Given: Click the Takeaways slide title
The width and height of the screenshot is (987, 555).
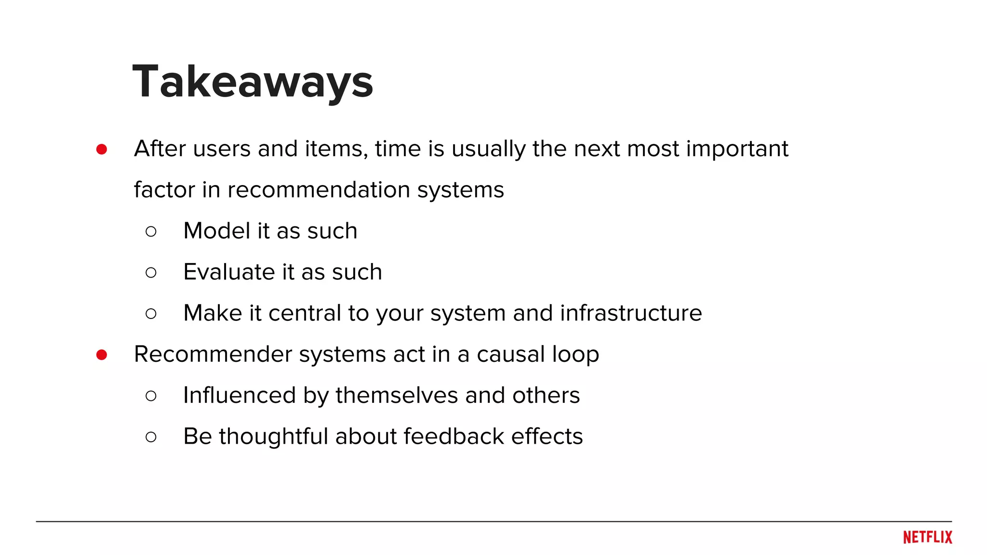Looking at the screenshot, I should (253, 82).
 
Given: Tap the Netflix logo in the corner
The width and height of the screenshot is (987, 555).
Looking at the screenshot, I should (927, 537).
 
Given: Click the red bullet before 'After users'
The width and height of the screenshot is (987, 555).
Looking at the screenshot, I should (101, 149).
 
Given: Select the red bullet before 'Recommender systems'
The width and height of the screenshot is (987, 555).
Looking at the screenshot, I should (101, 355).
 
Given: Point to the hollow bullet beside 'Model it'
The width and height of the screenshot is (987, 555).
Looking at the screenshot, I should (151, 232).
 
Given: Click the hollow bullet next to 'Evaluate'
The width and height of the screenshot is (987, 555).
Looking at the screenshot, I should (151, 273).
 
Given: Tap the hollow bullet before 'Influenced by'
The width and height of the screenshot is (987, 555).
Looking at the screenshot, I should (151, 396).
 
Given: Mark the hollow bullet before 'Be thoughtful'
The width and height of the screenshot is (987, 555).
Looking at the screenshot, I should (151, 437).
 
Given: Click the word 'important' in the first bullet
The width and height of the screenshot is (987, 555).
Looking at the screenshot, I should (737, 149).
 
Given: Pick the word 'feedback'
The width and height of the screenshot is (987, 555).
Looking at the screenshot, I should (453, 436).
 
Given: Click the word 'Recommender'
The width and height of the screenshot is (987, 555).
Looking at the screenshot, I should (213, 354).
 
